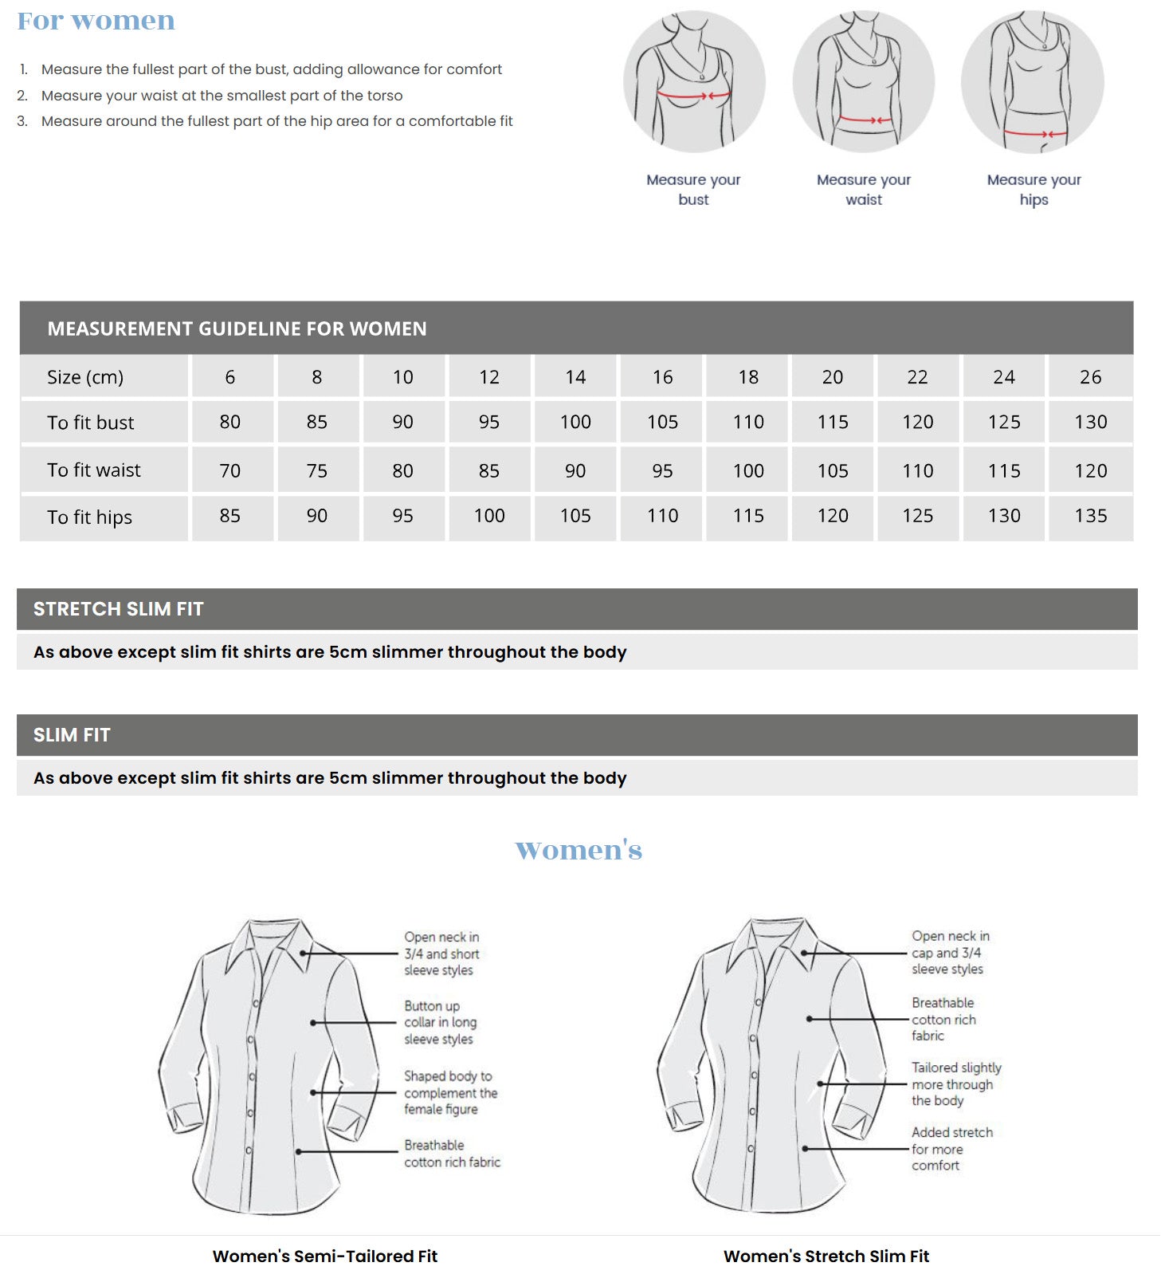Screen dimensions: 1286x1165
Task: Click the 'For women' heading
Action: (x=96, y=21)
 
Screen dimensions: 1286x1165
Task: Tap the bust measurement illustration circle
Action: (x=694, y=81)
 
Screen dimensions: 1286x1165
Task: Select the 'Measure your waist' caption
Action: (x=863, y=190)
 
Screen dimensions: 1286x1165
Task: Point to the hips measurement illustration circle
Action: (x=1033, y=81)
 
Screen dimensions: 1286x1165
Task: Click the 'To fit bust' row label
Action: (x=90, y=423)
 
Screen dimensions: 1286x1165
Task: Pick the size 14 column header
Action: (x=575, y=377)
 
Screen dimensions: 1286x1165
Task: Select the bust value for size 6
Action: (x=229, y=422)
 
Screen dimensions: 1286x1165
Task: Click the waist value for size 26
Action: (x=1090, y=470)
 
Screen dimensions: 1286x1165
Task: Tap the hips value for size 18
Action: (x=748, y=516)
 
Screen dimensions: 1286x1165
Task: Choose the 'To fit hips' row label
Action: (x=89, y=517)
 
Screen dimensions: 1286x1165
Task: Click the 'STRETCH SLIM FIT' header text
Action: (x=119, y=609)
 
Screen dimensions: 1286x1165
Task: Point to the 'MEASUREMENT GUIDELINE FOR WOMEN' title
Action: (x=237, y=328)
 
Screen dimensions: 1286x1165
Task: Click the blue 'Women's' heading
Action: (x=579, y=850)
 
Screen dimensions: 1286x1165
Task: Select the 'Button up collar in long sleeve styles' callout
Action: (x=440, y=1022)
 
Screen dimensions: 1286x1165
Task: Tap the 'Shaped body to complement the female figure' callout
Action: (x=450, y=1092)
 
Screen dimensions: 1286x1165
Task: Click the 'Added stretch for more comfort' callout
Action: (x=951, y=1149)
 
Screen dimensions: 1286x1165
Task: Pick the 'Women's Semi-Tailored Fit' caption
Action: (x=325, y=1257)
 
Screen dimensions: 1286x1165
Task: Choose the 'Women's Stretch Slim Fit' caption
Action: (x=826, y=1257)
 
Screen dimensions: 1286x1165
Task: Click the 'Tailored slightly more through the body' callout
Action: (x=955, y=1083)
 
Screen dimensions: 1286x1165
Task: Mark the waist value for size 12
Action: (x=489, y=470)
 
